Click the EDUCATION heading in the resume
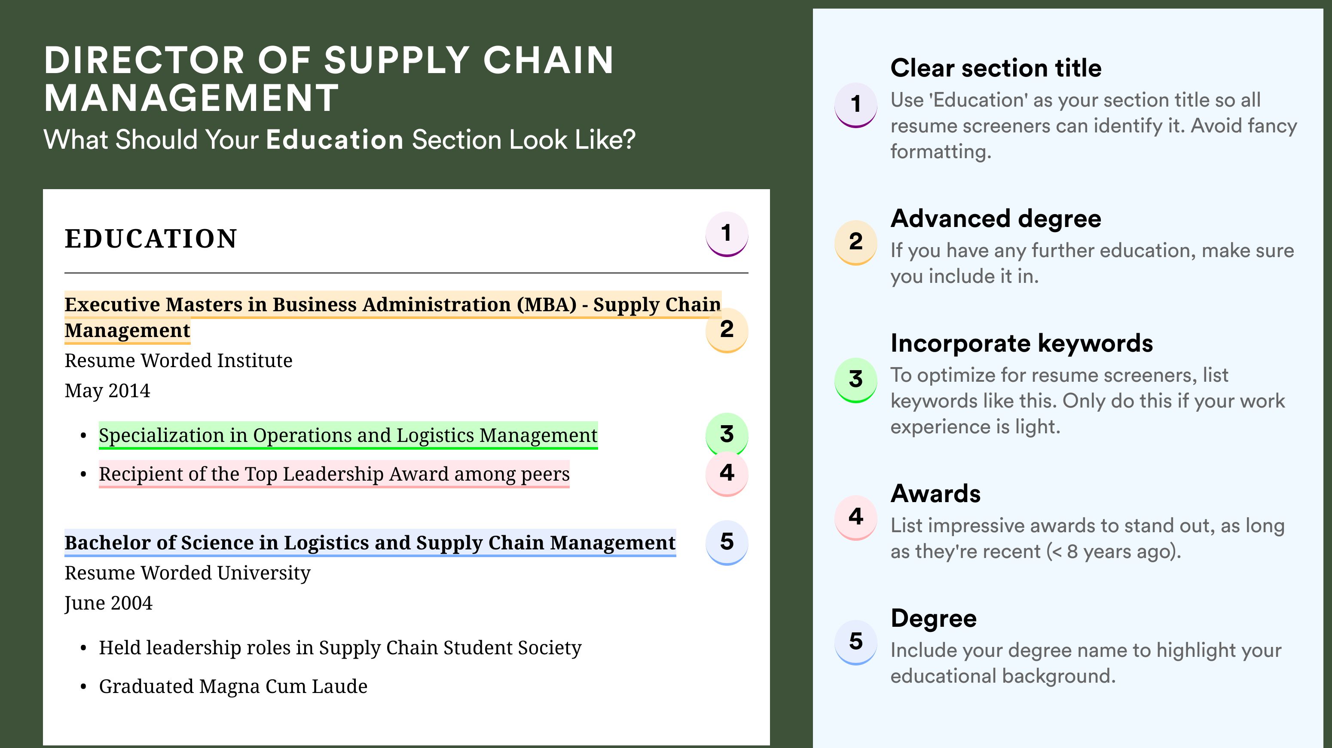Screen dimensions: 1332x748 click(150, 239)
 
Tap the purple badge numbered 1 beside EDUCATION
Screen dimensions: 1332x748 click(727, 234)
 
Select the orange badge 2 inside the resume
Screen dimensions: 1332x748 click(727, 330)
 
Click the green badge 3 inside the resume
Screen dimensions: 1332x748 click(727, 435)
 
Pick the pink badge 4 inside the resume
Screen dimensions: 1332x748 click(727, 473)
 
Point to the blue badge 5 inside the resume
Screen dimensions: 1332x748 click(727, 542)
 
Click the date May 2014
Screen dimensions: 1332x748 click(107, 391)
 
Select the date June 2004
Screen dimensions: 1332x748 click(109, 604)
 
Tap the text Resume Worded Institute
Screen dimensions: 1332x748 click(178, 361)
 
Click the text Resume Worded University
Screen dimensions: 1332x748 click(188, 573)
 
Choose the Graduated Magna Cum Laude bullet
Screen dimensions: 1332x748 click(233, 687)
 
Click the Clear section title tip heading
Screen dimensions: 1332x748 click(996, 68)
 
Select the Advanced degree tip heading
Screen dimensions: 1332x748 click(996, 219)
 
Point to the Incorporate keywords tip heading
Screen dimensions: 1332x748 click(1022, 343)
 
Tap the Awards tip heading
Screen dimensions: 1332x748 click(935, 494)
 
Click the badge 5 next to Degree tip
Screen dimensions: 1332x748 click(856, 642)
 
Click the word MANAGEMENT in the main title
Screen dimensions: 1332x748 click(191, 98)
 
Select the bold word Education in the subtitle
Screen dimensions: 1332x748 click(335, 140)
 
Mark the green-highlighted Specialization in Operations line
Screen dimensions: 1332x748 click(348, 435)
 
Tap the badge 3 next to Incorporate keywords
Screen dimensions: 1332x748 click(856, 380)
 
